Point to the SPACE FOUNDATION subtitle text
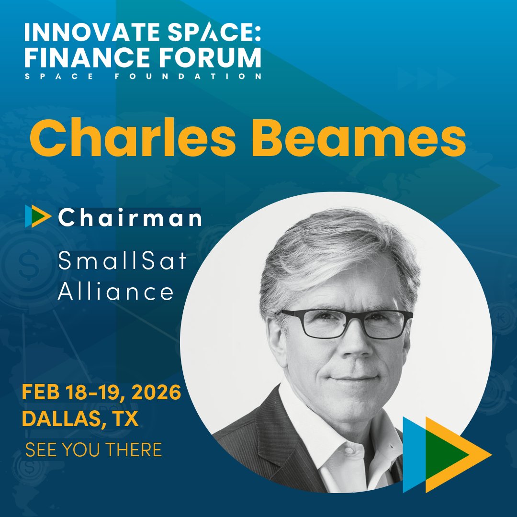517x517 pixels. (143, 76)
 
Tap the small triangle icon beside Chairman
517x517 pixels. (37, 216)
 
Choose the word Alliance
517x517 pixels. (115, 291)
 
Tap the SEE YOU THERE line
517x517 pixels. (93, 450)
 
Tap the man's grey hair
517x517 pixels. (335, 249)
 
